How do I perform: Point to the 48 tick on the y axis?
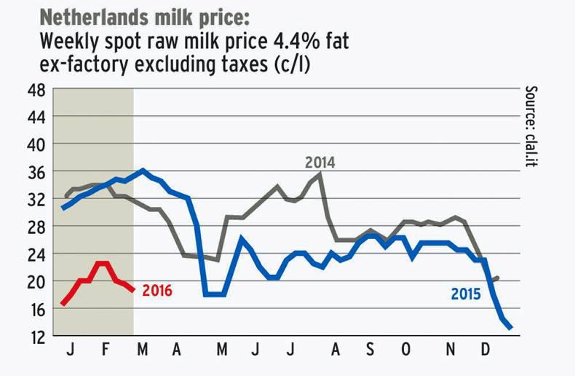[37, 90]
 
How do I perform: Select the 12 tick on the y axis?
[37, 336]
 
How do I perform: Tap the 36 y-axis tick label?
[37, 172]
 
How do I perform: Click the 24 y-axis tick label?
[37, 254]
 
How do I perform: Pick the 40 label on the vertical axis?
[37, 144]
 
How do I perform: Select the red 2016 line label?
[157, 291]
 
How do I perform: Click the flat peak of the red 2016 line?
[102, 263]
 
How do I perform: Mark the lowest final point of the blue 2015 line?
[510, 328]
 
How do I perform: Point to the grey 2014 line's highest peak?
[320, 174]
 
